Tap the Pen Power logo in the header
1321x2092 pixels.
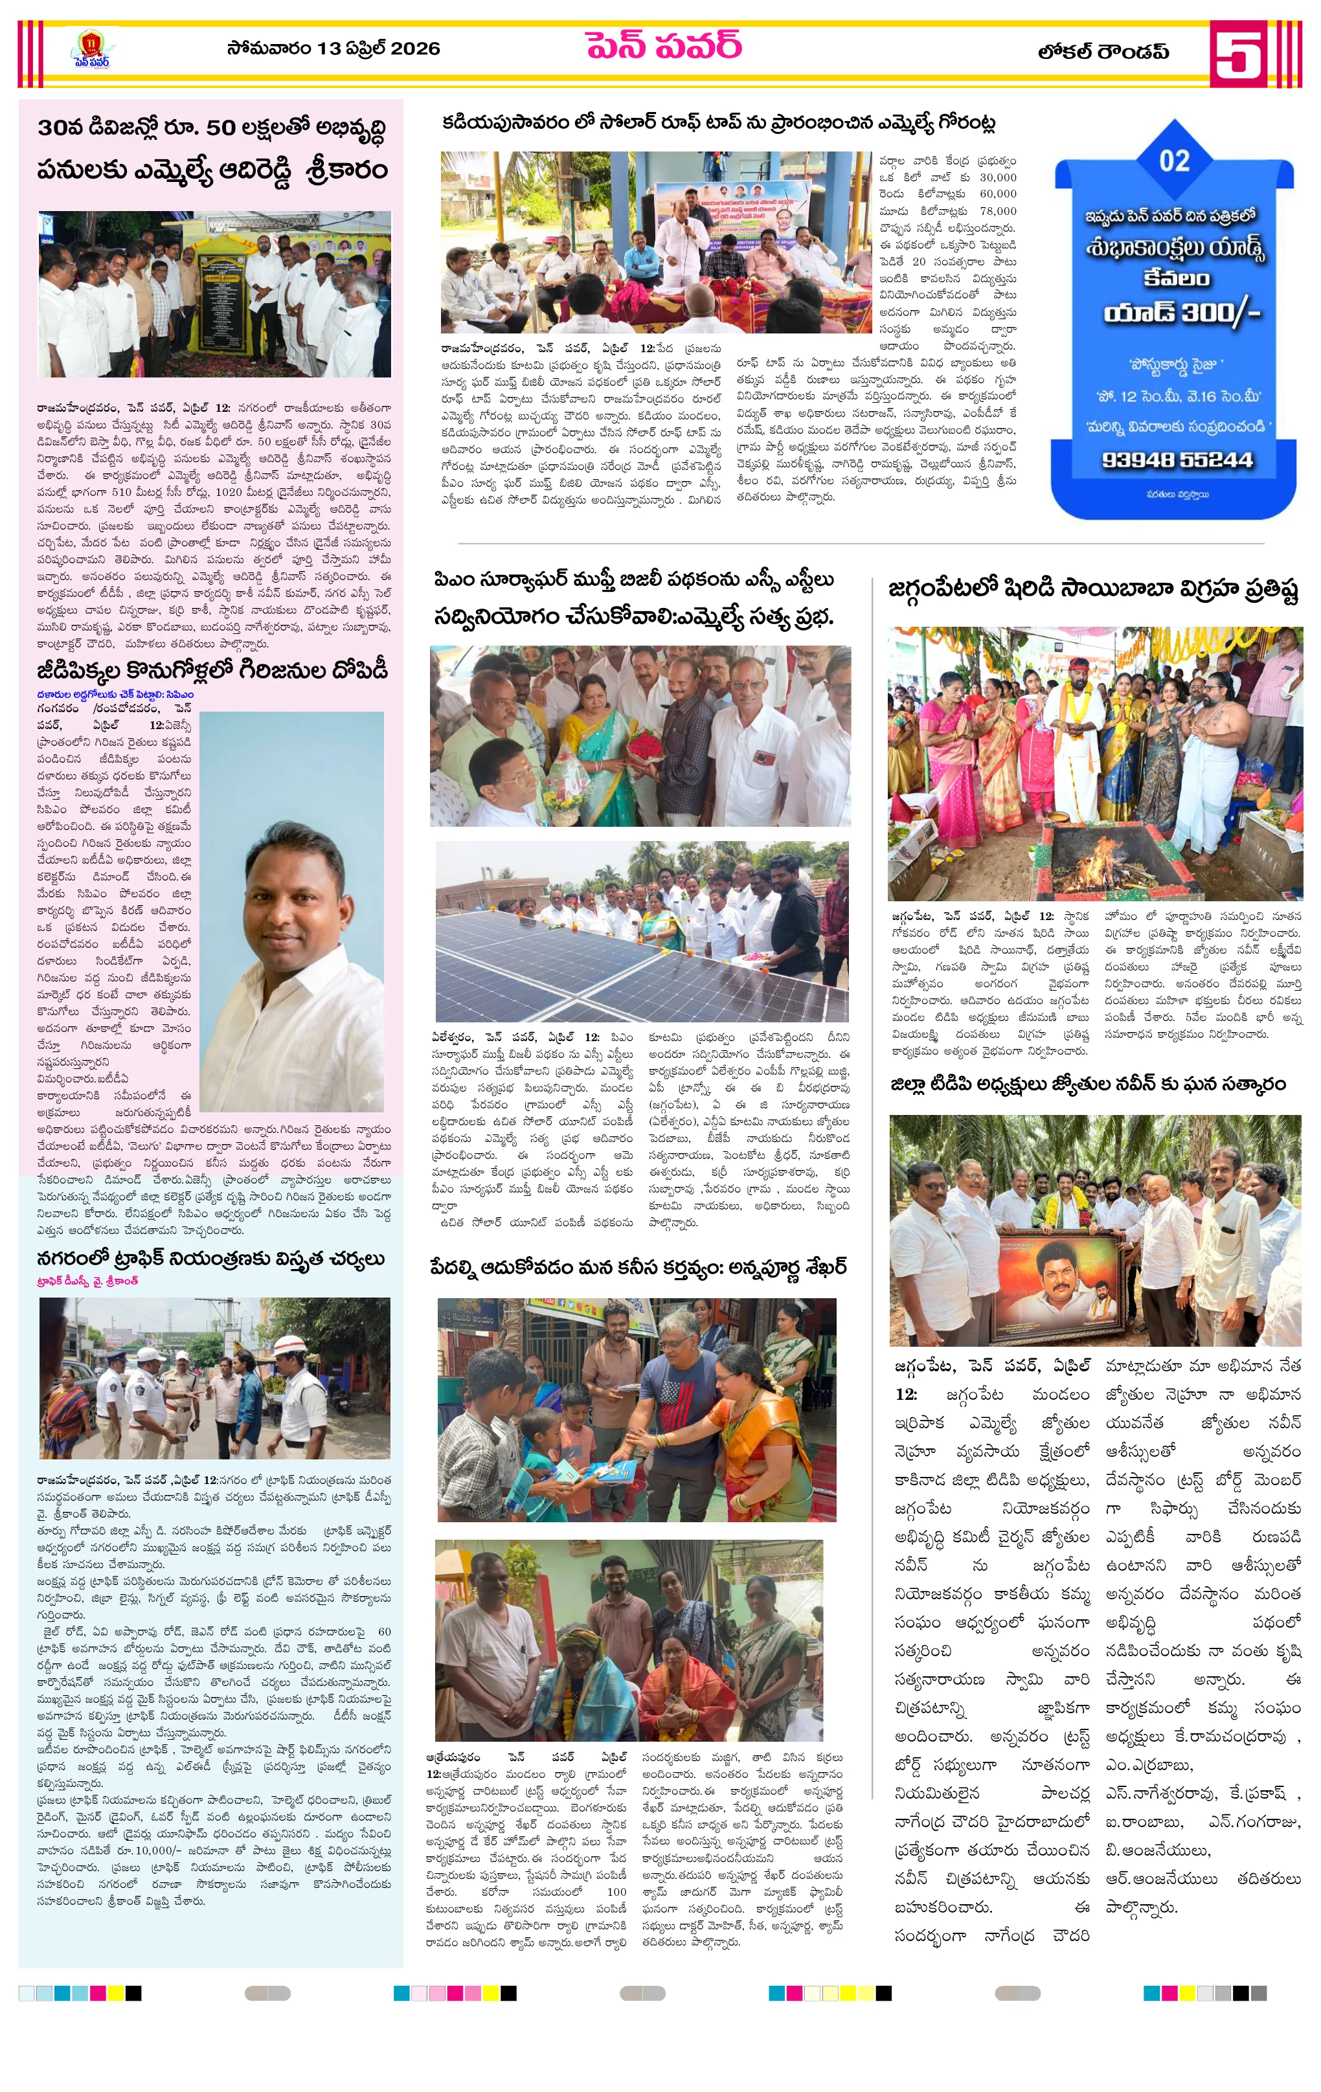(x=91, y=49)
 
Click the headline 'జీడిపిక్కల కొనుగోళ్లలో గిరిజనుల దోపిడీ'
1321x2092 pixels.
(x=212, y=671)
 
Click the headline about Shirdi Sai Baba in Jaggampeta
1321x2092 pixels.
(x=1093, y=590)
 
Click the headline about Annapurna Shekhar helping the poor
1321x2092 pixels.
(x=638, y=1268)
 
